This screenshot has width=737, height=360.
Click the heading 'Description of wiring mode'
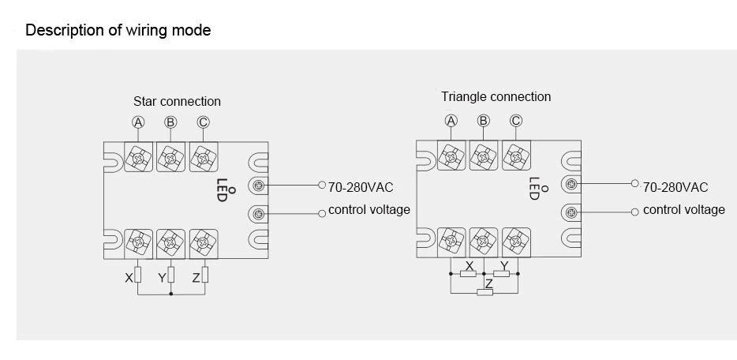(118, 31)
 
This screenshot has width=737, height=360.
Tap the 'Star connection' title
(177, 101)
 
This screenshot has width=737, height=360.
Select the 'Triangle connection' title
(496, 96)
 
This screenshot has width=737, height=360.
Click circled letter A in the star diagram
(138, 122)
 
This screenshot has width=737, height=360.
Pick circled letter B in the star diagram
(170, 122)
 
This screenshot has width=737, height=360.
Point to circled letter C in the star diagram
(203, 122)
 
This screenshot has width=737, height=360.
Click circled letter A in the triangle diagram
(451, 121)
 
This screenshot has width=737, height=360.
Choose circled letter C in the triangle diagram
(516, 121)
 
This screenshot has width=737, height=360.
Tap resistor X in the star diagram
(138, 276)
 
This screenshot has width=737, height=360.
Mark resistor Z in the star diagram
(204, 276)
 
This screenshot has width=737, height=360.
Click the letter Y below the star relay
(162, 278)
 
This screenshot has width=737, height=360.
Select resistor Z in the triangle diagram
(485, 293)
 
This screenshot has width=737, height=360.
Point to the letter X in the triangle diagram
(470, 266)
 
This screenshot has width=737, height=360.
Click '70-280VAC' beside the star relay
(360, 187)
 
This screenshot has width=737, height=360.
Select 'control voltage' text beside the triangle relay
(683, 210)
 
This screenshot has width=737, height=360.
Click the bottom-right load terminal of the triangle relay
(516, 240)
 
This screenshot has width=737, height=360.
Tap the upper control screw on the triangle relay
(571, 185)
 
